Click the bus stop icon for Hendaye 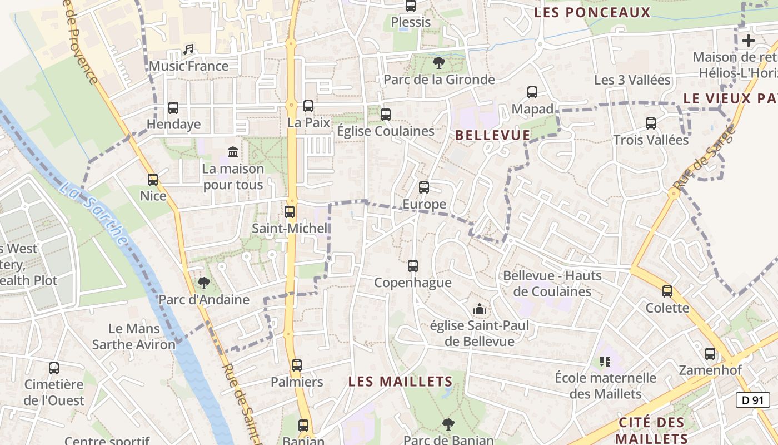pos(173,107)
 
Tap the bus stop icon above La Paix pos(308,106)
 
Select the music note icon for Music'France pos(188,50)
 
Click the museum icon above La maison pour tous pos(233,152)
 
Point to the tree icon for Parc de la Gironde pos(438,63)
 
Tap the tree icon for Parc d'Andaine pos(204,283)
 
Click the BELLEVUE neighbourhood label pos(492,135)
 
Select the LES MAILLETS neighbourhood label pos(400,381)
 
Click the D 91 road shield pos(752,399)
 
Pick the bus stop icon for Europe pos(424,187)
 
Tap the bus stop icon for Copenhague pos(412,266)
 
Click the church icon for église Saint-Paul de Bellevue pos(479,308)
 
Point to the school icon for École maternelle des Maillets pos(605,362)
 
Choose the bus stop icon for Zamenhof pos(710,353)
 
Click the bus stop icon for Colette pos(667,291)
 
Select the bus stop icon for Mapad pos(532,92)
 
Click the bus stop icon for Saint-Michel pos(290,211)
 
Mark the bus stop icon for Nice pos(153,180)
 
